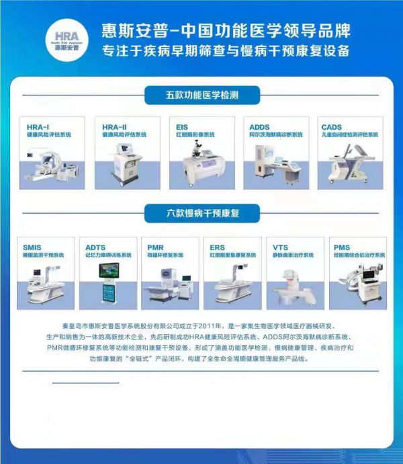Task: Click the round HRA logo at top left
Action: (x=66, y=38)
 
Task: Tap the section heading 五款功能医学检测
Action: (x=201, y=95)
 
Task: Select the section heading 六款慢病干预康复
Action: (x=201, y=214)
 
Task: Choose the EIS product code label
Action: (x=182, y=126)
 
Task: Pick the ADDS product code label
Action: (x=259, y=126)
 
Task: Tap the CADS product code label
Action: (x=332, y=126)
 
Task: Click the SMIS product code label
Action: (x=32, y=247)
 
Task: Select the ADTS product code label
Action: (x=96, y=247)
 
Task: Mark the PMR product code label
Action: (x=155, y=247)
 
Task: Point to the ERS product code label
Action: (x=217, y=247)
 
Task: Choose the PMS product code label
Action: (x=343, y=247)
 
